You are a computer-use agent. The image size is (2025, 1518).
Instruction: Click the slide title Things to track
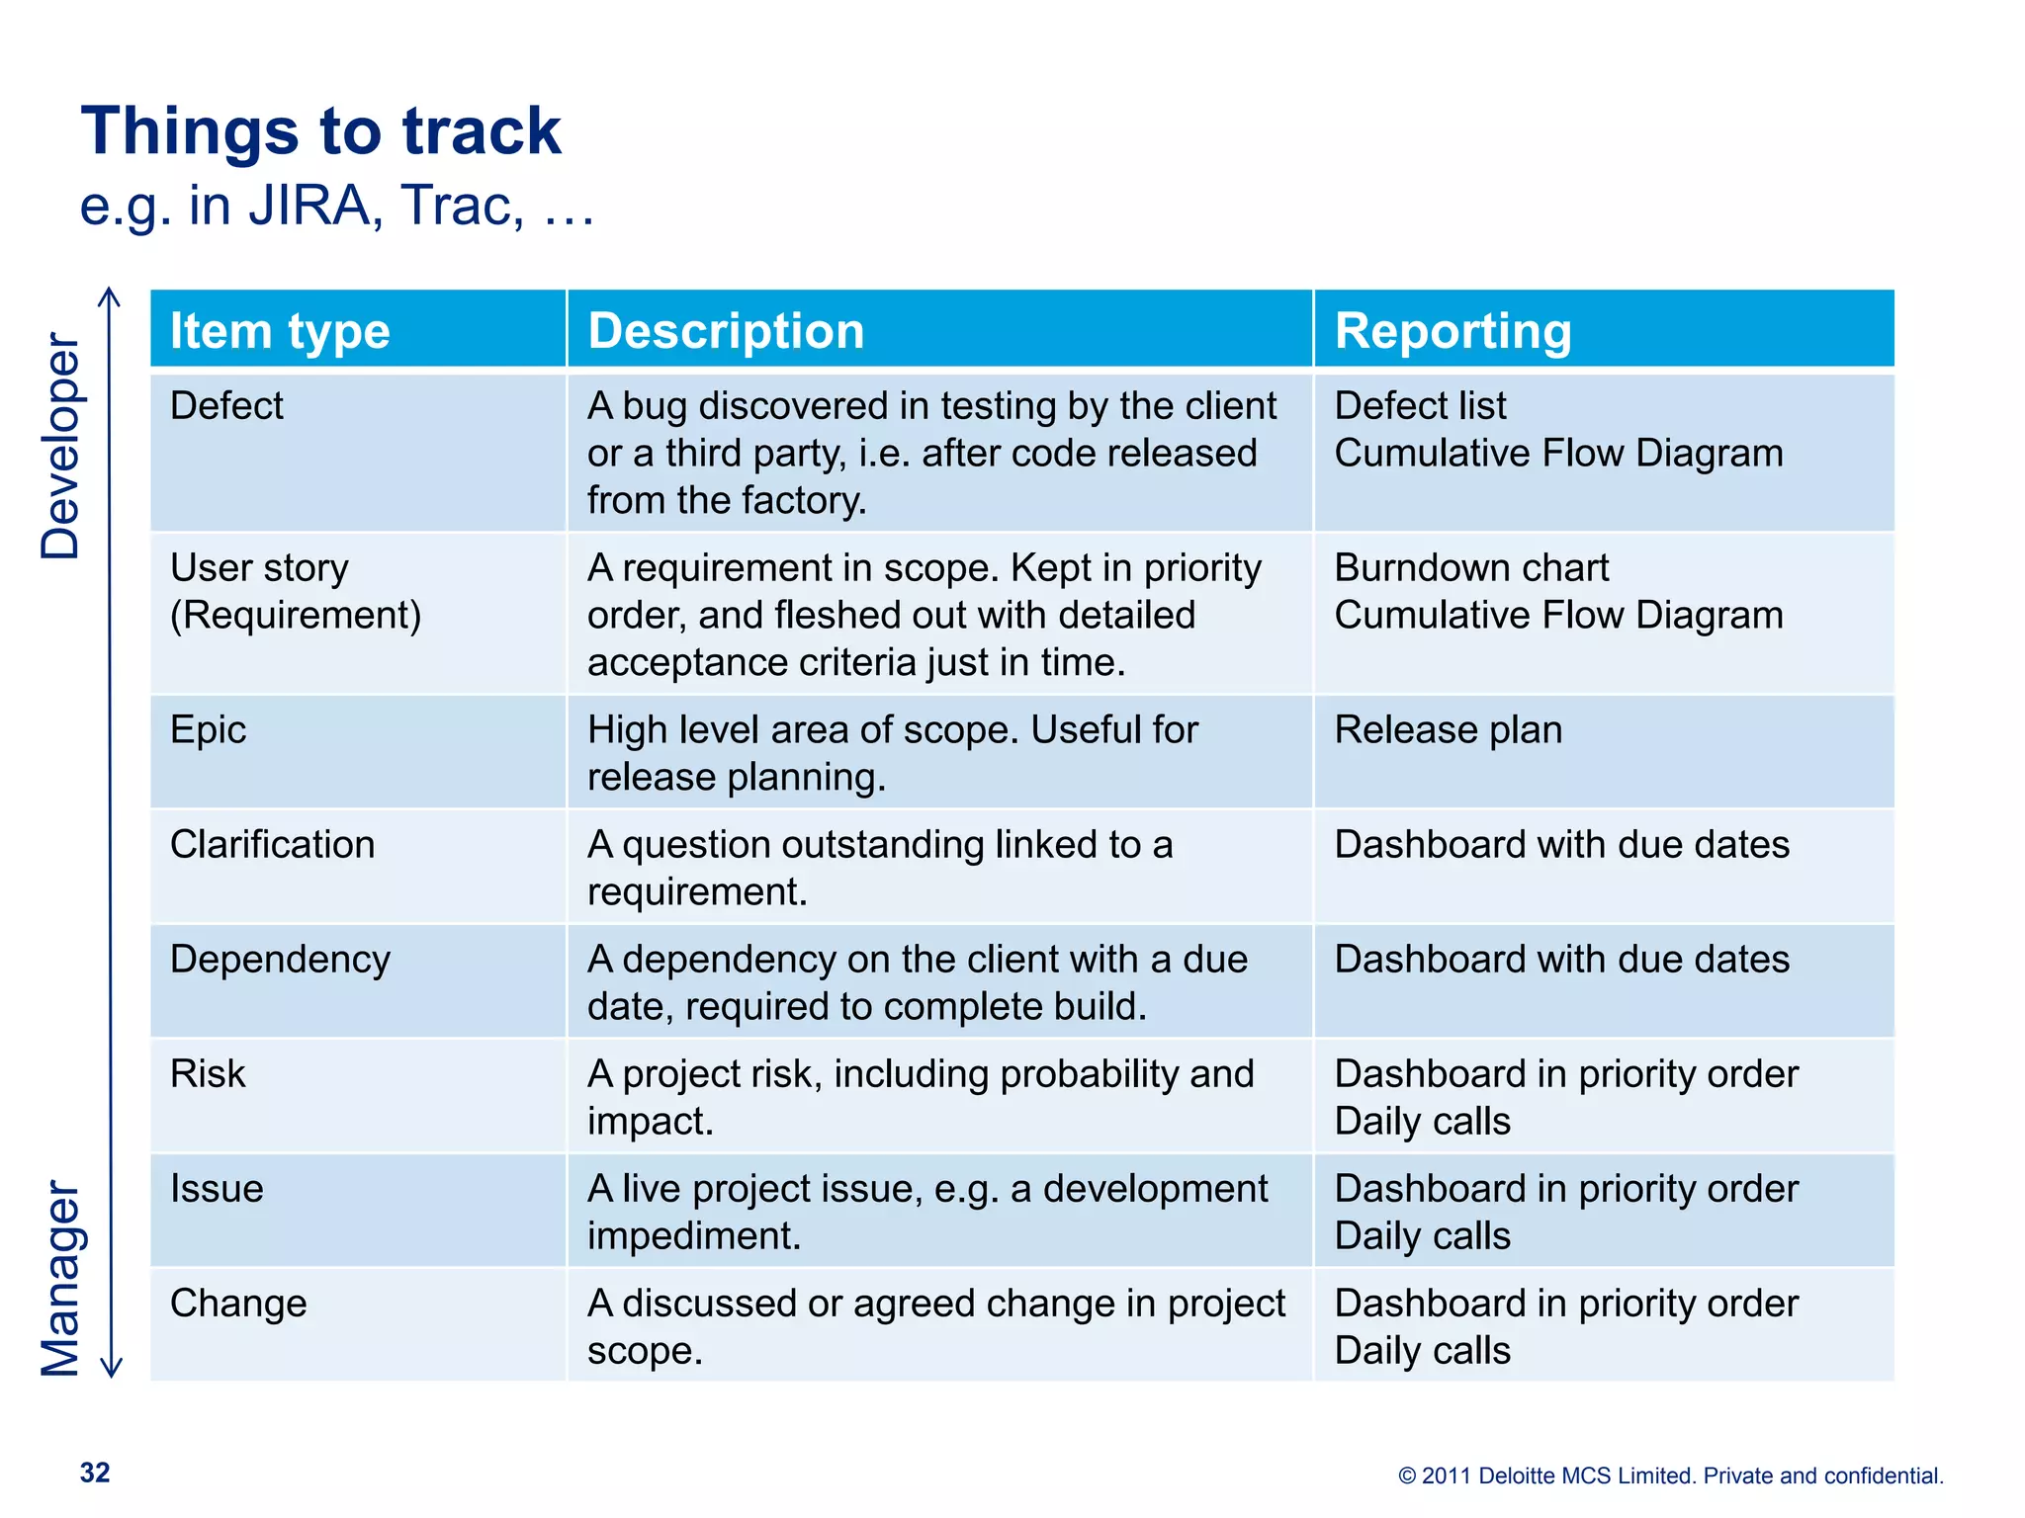pyautogui.click(x=320, y=131)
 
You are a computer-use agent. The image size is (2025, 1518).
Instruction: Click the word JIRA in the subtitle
pyautogui.click(x=308, y=206)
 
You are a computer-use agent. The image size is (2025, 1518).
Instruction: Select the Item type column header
pyautogui.click(x=280, y=330)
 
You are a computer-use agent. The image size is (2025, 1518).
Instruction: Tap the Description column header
pyautogui.click(x=726, y=330)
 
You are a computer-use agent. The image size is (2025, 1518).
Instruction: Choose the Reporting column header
pyautogui.click(x=1453, y=330)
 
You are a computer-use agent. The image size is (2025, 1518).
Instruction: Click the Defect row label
pyautogui.click(x=226, y=405)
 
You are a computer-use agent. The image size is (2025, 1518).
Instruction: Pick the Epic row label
pyautogui.click(x=208, y=729)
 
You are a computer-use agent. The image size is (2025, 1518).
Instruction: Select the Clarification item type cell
pyautogui.click(x=272, y=844)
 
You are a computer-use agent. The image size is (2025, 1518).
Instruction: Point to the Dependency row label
pyautogui.click(x=280, y=959)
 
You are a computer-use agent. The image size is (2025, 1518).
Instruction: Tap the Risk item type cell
pyautogui.click(x=208, y=1073)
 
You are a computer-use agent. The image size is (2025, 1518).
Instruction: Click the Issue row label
pyautogui.click(x=217, y=1188)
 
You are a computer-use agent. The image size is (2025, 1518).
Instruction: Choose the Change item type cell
pyautogui.click(x=238, y=1303)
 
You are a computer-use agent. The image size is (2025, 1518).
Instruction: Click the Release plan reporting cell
pyautogui.click(x=1448, y=729)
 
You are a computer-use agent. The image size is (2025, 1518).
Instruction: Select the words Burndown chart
pyautogui.click(x=1471, y=567)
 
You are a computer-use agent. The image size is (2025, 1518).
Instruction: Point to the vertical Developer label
pyautogui.click(x=60, y=446)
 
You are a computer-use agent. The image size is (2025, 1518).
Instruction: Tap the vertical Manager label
pyautogui.click(x=60, y=1278)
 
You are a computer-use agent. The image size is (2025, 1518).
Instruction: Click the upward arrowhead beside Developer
pyautogui.click(x=111, y=294)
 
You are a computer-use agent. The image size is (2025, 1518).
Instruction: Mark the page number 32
pyautogui.click(x=95, y=1473)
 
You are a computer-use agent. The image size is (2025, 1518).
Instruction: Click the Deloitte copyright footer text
pyautogui.click(x=1670, y=1476)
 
